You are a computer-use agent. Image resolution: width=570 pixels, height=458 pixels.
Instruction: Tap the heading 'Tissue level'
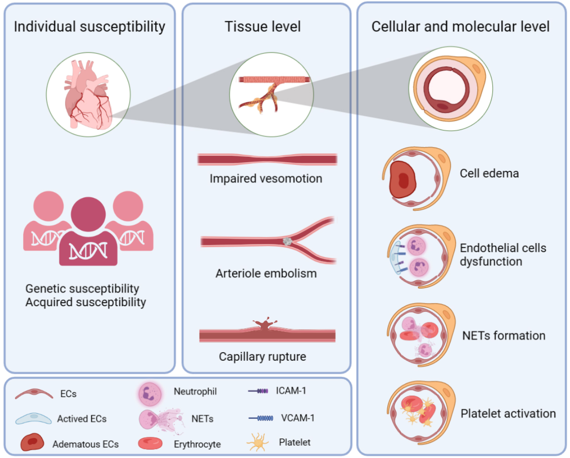tap(262, 26)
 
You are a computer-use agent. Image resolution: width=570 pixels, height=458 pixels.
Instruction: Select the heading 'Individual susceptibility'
tap(90, 26)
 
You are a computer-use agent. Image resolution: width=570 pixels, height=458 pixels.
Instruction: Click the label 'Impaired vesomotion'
tap(266, 179)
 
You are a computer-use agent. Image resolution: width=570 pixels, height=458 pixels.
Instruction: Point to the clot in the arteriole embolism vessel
tap(287, 242)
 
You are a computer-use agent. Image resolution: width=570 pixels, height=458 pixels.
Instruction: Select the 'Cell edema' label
tap(489, 173)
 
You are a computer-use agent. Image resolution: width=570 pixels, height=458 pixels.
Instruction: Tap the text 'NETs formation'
tap(504, 335)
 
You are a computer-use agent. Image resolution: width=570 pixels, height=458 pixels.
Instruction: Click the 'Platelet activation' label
tap(508, 413)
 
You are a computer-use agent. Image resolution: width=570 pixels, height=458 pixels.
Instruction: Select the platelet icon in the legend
tap(257, 442)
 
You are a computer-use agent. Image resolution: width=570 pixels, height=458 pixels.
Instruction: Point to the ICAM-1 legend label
tap(291, 391)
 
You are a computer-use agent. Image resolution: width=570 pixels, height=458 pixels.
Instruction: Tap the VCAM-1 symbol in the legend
tap(261, 418)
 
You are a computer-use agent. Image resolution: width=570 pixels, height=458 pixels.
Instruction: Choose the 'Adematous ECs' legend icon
tap(32, 442)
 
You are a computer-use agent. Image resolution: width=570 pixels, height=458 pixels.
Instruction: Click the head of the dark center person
tap(88, 214)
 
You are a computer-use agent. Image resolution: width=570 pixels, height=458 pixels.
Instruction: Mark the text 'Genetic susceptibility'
tap(82, 289)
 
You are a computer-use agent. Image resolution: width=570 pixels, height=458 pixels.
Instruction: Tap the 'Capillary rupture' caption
tap(262, 357)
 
